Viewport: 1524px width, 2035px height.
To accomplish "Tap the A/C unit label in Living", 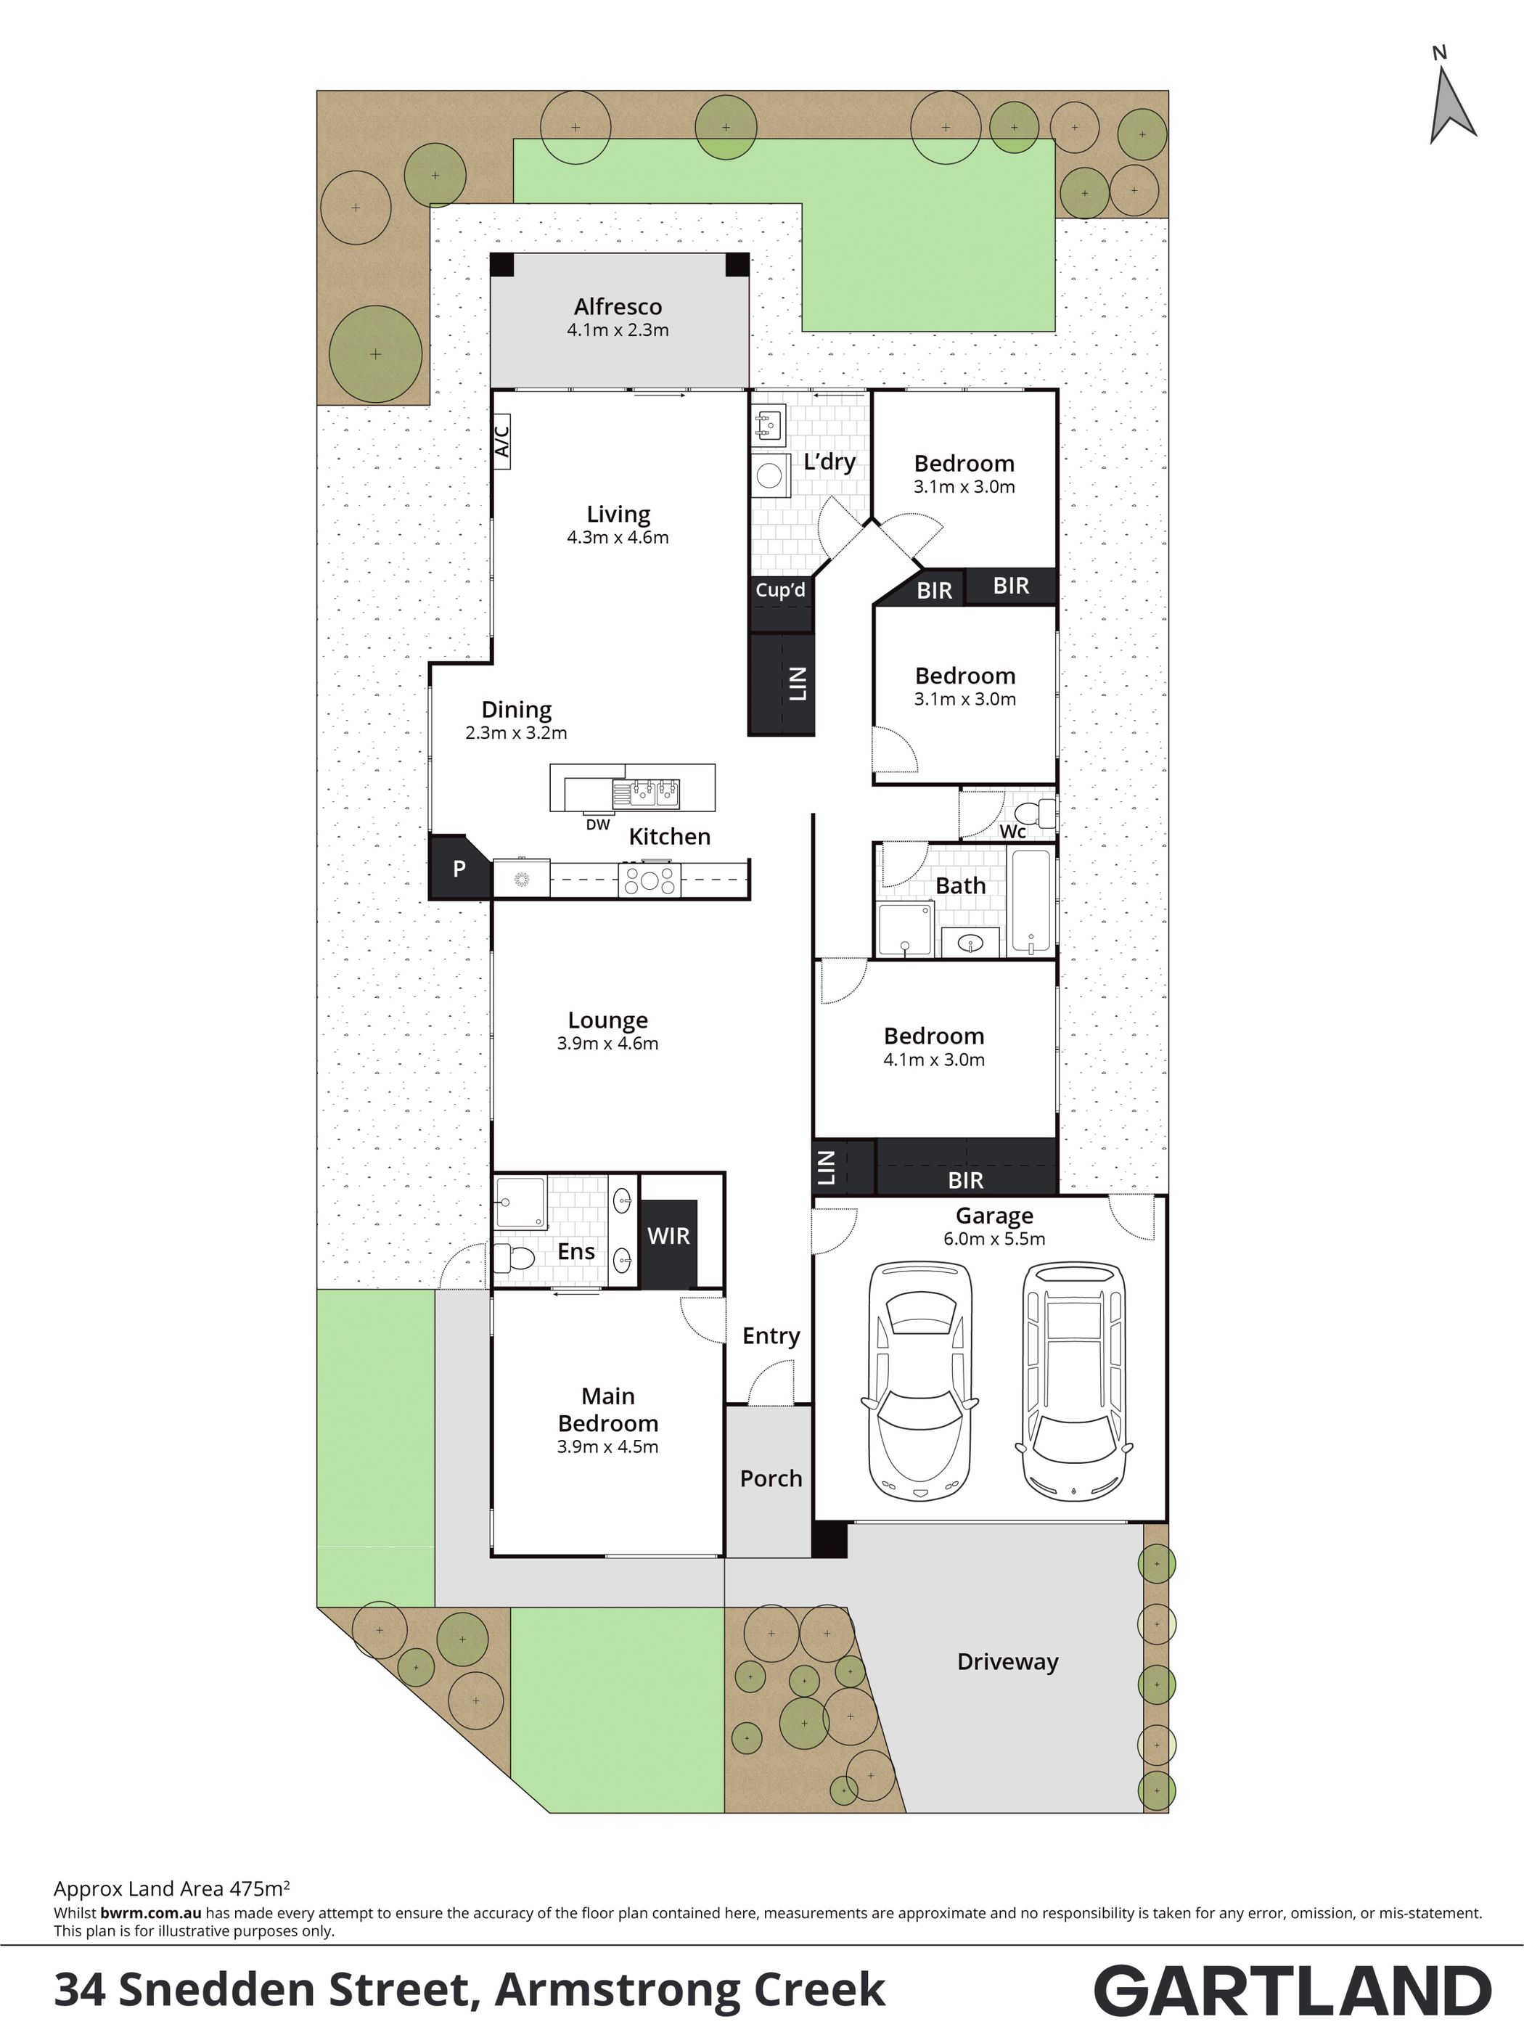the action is pos(502,441).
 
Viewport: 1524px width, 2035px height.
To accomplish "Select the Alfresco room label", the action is pos(618,306).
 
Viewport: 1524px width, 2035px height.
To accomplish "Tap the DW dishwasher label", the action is pos(598,824).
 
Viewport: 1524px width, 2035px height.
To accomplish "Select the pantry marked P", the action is pos(459,867).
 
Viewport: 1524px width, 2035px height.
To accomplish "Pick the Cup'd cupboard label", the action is pos(780,590).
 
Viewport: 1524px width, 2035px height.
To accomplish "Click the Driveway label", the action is pos(1008,1661).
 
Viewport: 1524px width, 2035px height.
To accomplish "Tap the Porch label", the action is pos(771,1478).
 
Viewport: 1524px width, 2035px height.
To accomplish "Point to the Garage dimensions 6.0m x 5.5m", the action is pos(994,1238).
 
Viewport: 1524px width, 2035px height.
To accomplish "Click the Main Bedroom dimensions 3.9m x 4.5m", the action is pos(607,1446).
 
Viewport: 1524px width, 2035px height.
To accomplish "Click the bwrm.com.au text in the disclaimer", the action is pos(151,1912).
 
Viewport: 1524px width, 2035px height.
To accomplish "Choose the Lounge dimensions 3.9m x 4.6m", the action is pos(607,1043).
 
